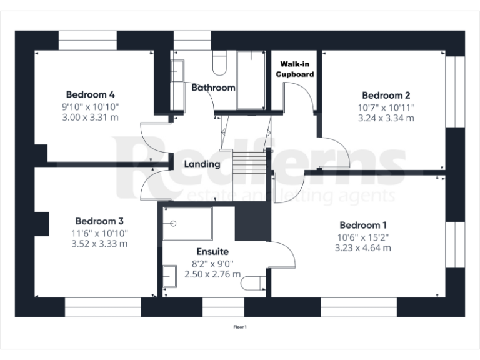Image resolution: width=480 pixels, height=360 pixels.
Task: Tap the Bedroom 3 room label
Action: coord(99,221)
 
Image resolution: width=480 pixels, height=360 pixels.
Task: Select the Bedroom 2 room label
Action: coord(386,96)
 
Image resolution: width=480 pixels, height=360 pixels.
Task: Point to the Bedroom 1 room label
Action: coord(363,225)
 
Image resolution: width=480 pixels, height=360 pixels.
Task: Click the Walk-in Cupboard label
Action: coord(296,69)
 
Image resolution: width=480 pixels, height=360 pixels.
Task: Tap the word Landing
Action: coord(201,164)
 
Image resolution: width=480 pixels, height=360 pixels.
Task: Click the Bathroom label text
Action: coord(213,87)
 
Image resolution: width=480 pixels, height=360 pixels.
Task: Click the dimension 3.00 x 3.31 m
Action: coord(91,117)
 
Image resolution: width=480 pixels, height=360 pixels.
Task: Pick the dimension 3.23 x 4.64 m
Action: coord(363,247)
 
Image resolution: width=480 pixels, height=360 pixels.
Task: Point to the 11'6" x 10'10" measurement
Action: coord(100,232)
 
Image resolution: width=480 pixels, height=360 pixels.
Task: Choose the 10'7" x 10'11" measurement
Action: coord(386,107)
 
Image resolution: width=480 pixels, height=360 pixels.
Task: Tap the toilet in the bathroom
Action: coord(221,62)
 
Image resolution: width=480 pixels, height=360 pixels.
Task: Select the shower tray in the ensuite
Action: coord(187,224)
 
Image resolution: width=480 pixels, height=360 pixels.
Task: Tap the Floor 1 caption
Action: coord(240,326)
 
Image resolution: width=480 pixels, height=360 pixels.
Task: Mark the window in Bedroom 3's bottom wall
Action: coord(102,307)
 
